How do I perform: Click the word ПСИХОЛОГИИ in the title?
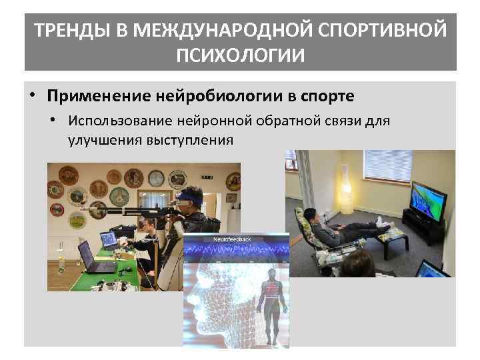point(240,54)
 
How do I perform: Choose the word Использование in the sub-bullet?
point(121,121)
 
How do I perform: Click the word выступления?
point(183,140)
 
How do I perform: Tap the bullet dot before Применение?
point(33,95)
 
